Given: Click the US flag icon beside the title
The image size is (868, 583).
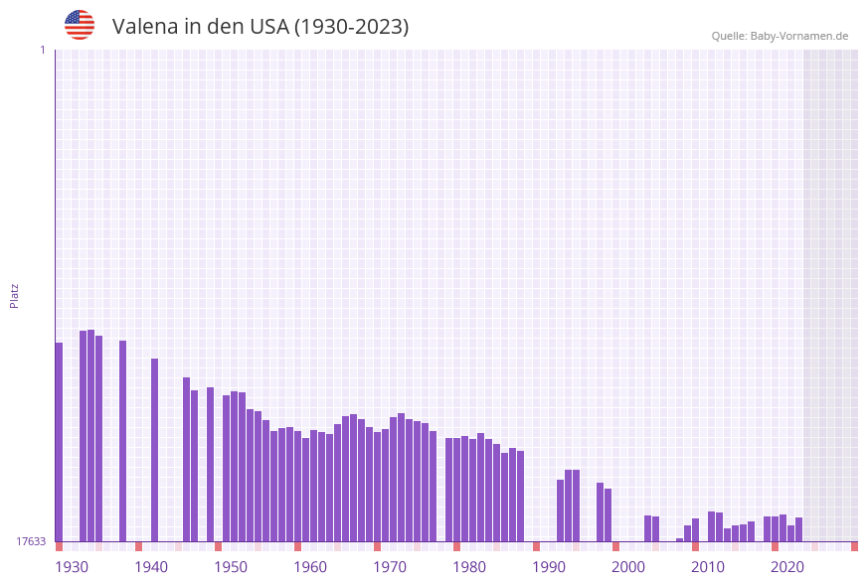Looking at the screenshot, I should [80, 25].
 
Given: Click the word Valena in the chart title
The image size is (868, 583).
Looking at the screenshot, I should [144, 27].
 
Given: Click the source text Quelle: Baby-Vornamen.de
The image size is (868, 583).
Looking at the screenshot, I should [780, 36].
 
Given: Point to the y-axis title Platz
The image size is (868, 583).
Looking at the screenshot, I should [15, 295].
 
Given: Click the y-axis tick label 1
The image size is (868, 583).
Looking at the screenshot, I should [42, 50].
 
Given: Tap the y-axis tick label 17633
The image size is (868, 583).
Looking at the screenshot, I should [31, 541].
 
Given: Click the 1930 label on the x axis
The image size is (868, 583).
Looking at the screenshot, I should [72, 567].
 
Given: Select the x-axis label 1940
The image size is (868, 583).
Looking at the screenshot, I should [151, 567].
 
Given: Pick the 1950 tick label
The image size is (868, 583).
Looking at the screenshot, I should [231, 567].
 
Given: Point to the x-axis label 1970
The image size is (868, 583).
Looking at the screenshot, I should [390, 567].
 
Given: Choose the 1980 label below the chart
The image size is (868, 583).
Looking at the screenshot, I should [469, 567].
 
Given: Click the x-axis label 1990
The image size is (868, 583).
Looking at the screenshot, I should [549, 567].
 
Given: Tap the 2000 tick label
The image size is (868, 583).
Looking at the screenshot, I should [628, 567].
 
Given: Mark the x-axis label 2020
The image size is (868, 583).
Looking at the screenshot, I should [787, 567].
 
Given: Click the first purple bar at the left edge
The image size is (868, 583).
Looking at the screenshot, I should [59, 442].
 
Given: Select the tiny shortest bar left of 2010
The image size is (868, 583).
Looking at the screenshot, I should [680, 539].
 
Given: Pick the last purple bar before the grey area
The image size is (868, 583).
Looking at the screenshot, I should [798, 529].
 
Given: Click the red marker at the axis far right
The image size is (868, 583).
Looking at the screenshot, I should [854, 546].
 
